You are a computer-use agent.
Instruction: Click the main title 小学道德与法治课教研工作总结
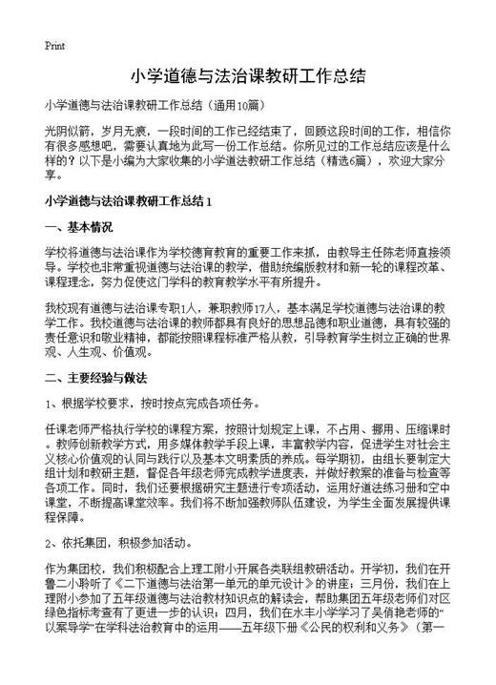tap(247, 74)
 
